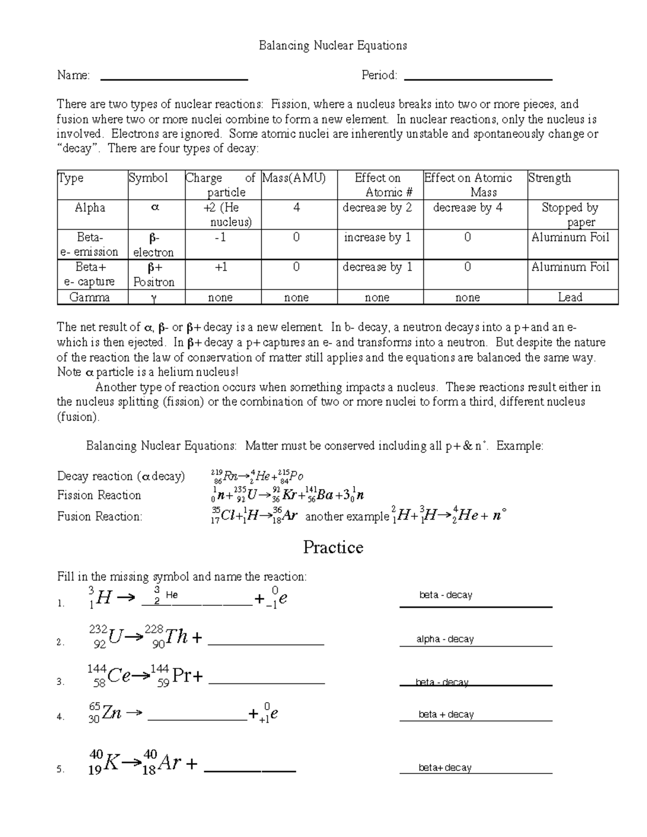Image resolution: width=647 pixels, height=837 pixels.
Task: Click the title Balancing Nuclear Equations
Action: (x=333, y=45)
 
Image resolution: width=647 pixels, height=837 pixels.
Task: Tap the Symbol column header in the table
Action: (x=148, y=178)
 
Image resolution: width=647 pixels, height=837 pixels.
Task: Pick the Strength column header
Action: (x=549, y=178)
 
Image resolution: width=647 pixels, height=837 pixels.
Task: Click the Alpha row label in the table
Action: (x=90, y=208)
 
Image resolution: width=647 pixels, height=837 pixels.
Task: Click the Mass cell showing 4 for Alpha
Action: (x=297, y=208)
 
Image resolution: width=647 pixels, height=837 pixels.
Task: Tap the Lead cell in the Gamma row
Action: (x=570, y=298)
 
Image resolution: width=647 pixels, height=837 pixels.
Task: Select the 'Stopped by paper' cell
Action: (x=570, y=215)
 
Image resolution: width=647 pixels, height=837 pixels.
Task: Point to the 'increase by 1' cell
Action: (x=377, y=238)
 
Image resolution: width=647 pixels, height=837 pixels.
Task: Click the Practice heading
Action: (x=333, y=548)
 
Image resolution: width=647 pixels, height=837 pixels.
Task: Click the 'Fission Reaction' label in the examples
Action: (x=99, y=495)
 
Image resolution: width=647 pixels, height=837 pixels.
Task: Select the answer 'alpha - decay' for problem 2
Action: (x=445, y=639)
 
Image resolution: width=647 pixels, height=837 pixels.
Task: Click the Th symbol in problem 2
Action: (x=176, y=638)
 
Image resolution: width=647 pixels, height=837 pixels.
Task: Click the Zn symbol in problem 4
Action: (x=112, y=714)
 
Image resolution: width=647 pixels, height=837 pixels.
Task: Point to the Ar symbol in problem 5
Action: (x=169, y=763)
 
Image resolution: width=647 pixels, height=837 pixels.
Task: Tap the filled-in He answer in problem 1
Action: (x=171, y=595)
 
